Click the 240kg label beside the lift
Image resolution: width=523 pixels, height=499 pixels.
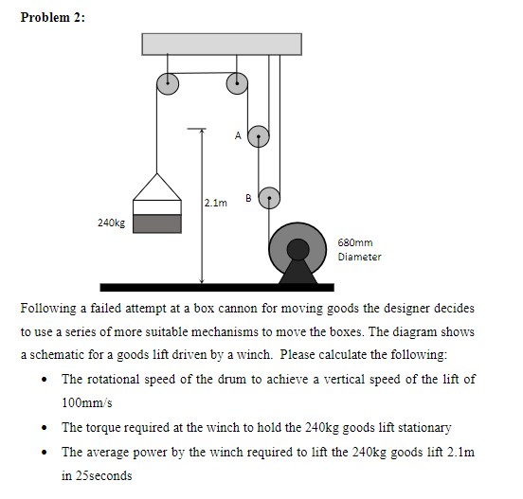pos(111,223)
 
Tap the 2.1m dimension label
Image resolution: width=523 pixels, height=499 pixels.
pos(216,203)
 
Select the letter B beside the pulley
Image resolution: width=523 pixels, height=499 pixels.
pos(247,198)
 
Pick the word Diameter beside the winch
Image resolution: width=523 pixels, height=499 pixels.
pos(359,257)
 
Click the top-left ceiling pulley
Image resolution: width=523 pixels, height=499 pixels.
pos(167,83)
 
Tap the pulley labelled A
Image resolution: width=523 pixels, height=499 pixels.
pos(258,136)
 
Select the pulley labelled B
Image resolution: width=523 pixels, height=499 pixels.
pos(269,198)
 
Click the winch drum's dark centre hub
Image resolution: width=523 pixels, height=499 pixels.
pos(298,249)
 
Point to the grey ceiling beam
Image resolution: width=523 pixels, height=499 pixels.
pos(222,44)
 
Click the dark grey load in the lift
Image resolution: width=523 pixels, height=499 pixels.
pos(156,223)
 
